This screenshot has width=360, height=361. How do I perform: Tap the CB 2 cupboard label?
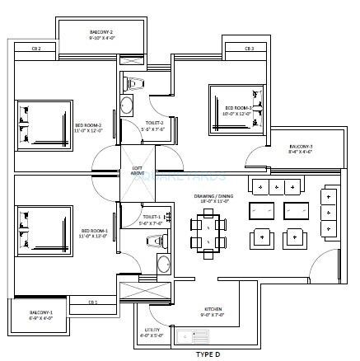[x=36, y=49]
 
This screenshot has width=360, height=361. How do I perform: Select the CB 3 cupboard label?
[x=249, y=49]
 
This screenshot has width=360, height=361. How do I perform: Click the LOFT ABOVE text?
[x=138, y=171]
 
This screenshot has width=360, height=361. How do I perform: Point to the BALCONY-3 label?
[x=300, y=149]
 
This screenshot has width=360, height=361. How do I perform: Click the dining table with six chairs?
[x=208, y=233]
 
